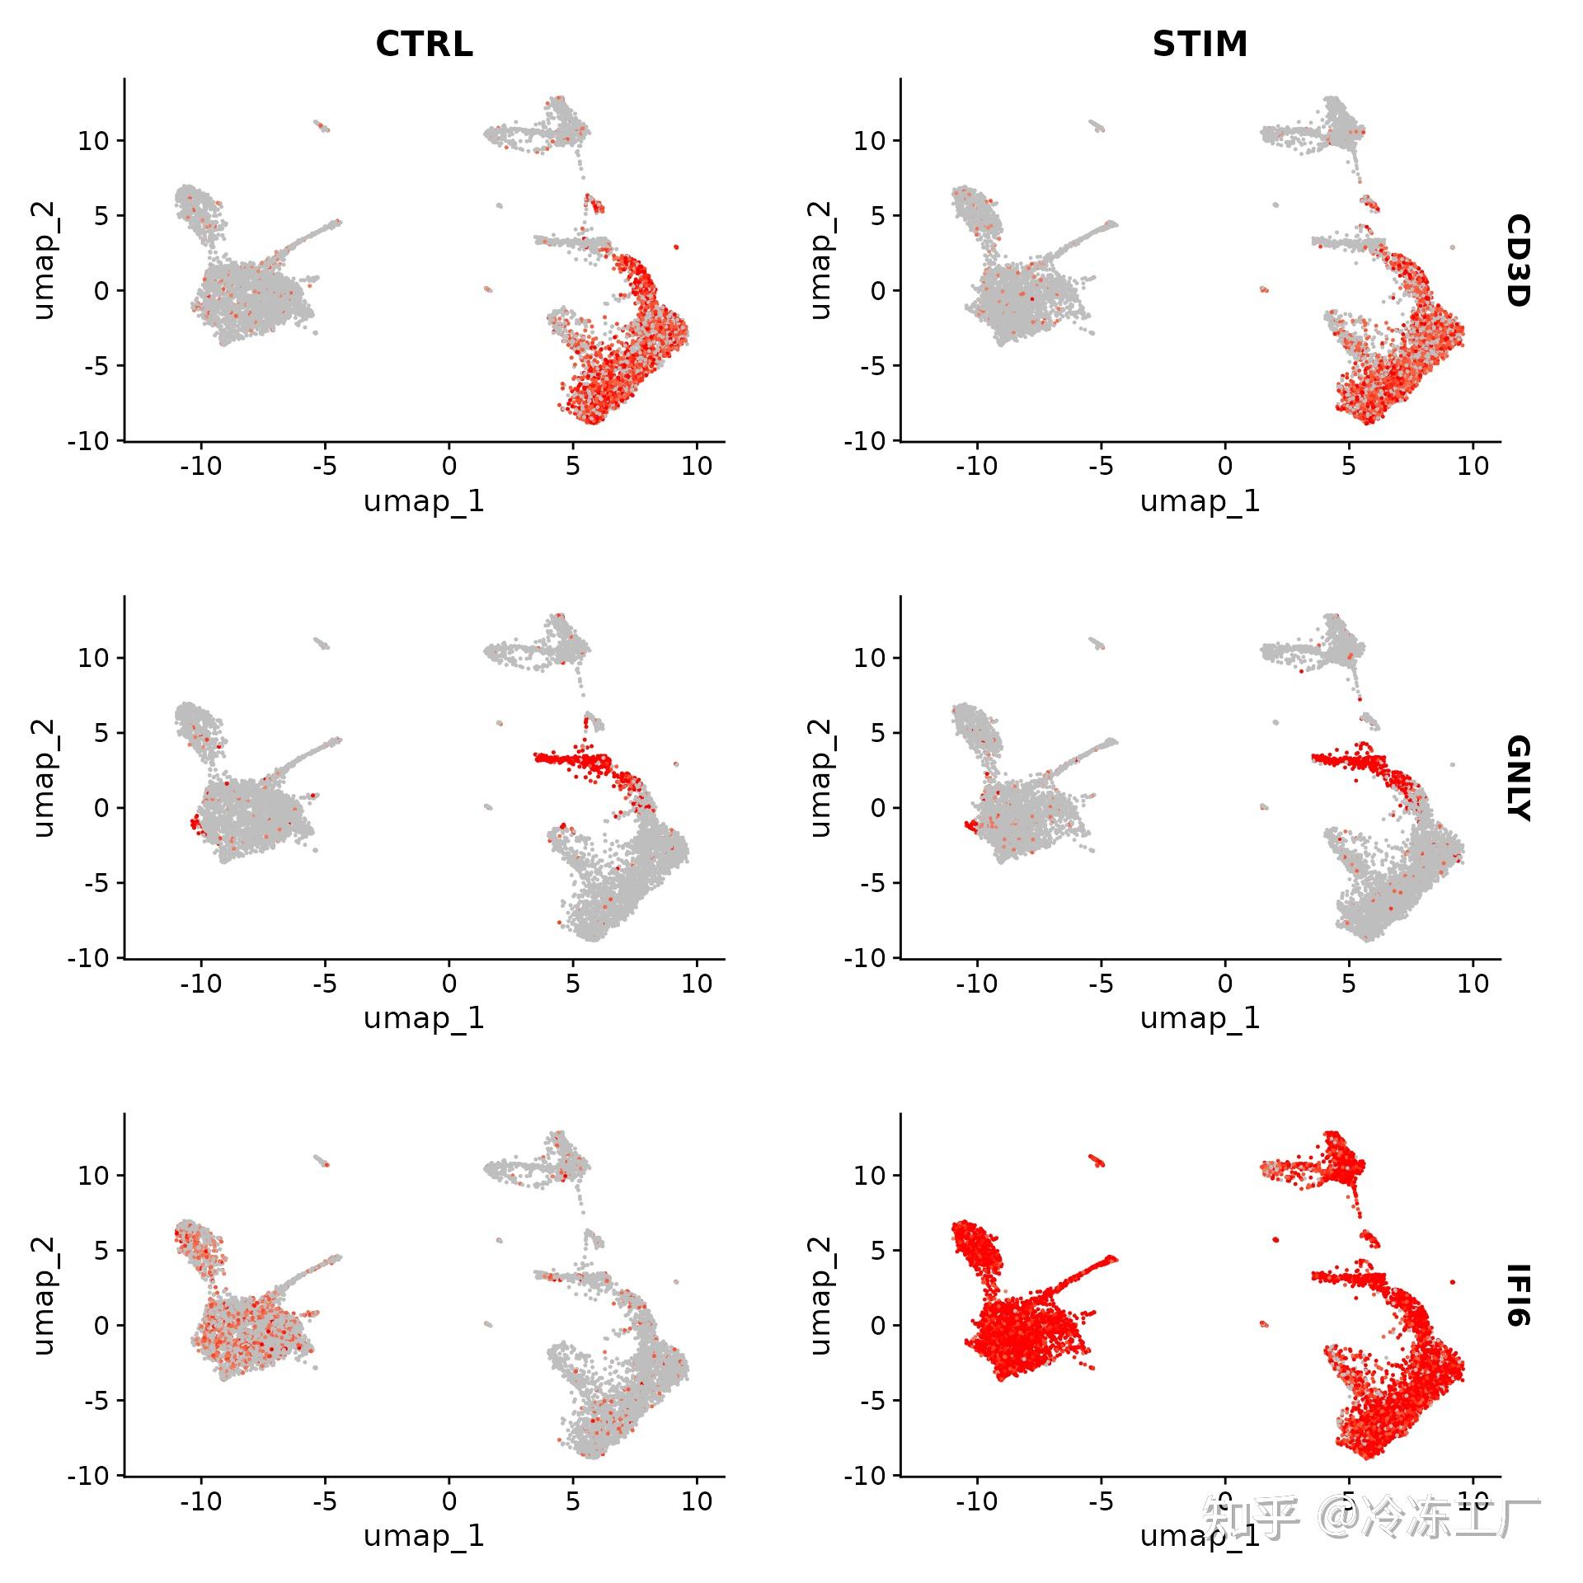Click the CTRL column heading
pos(424,44)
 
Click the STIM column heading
pos(1200,44)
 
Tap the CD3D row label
pos(1518,261)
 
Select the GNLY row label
pos(1518,778)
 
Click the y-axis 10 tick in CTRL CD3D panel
pos(93,141)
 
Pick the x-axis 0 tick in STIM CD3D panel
pos(1225,467)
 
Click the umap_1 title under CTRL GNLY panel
pos(424,1019)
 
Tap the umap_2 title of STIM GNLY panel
pos(820,777)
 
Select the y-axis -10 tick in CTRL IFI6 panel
pos(88,1476)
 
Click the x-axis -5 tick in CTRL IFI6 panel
pos(325,1501)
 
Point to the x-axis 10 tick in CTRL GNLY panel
pos(697,984)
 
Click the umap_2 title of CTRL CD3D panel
pos(44,261)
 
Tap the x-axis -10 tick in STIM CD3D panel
pos(977,467)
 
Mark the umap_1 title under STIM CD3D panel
pos(1200,501)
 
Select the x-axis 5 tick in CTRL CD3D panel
pos(573,467)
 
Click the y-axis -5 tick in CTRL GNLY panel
pos(96,883)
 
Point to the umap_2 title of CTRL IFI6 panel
pos(44,1295)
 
